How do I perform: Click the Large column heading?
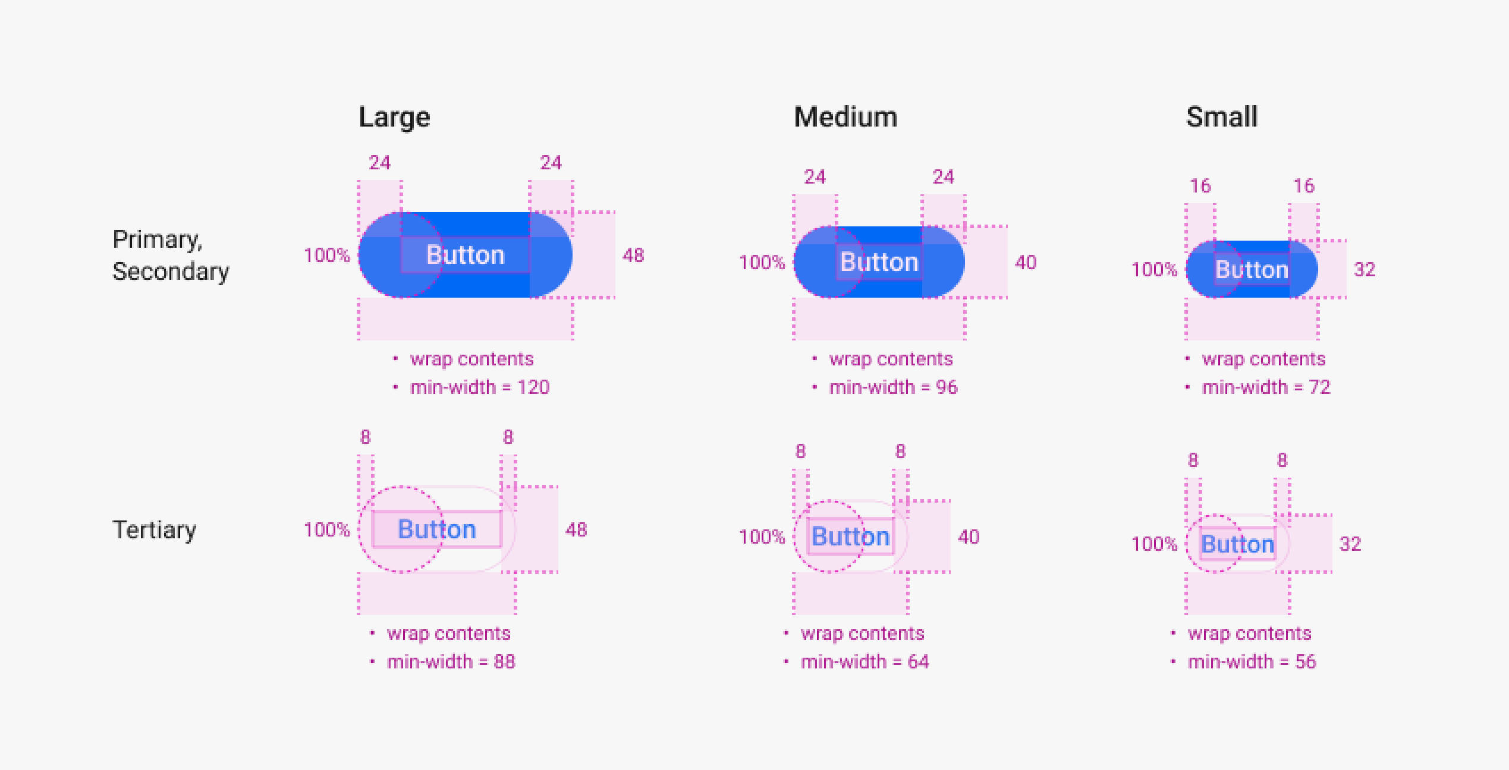click(394, 118)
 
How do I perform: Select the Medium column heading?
click(845, 117)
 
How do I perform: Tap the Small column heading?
click(1222, 117)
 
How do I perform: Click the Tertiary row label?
click(155, 530)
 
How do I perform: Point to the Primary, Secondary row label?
click(171, 255)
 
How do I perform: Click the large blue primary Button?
click(465, 255)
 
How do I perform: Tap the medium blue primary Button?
click(879, 262)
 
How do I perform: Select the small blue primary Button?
click(1252, 269)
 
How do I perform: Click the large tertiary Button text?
click(437, 529)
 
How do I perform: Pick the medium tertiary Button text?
click(851, 537)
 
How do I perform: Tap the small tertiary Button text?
click(1238, 544)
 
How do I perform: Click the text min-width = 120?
click(480, 387)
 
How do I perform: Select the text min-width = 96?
click(894, 387)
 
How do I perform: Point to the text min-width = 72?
click(1266, 387)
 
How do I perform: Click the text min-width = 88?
click(451, 662)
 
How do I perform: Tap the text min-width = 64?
click(865, 662)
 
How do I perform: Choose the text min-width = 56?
click(1252, 662)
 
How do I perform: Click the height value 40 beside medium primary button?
click(1026, 262)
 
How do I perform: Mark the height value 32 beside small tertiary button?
click(1350, 544)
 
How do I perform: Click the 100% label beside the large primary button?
click(326, 255)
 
